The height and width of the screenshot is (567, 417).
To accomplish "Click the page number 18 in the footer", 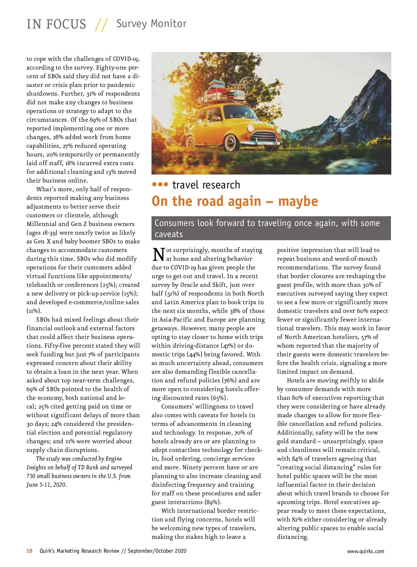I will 30,551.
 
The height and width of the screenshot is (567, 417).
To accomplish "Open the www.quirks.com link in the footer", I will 366,551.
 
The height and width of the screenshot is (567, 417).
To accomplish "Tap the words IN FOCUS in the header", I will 56,24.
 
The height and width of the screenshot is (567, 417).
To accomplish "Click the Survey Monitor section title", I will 151,24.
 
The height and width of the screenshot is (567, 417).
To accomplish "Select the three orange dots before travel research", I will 160,184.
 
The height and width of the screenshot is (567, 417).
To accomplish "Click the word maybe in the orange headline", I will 298,201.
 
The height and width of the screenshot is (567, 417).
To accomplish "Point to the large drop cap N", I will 158,254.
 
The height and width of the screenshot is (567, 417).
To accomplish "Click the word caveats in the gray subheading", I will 169,234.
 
